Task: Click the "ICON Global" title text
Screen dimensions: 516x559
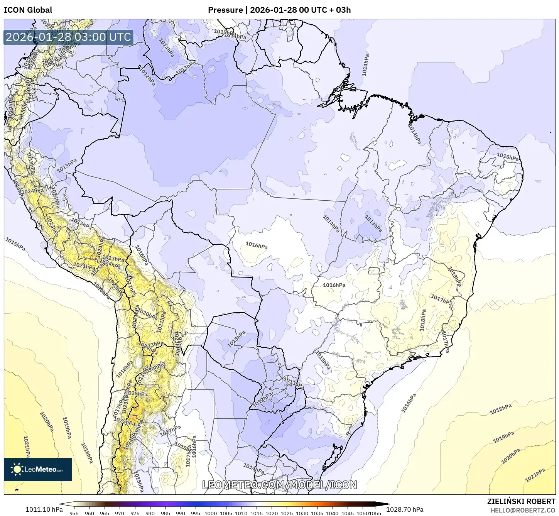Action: [28, 10]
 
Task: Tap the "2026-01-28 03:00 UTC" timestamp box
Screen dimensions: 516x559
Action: [68, 37]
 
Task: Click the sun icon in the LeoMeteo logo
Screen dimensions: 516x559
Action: [17, 469]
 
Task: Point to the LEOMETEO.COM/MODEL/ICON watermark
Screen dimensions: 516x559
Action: [280, 485]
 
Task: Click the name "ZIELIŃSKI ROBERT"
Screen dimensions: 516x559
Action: [521, 501]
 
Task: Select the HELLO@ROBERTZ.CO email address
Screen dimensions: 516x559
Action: [523, 510]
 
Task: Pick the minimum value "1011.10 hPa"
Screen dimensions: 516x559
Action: [44, 509]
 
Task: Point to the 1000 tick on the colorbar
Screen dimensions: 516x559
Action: [211, 513]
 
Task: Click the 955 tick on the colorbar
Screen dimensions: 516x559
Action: [74, 513]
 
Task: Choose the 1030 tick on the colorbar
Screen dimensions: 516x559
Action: [302, 513]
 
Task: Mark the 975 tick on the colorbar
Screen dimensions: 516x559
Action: [135, 513]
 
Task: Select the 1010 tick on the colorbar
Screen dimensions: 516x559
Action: [241, 513]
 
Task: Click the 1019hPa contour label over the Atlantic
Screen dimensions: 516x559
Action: [503, 437]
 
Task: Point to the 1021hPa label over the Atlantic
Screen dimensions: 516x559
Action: [535, 475]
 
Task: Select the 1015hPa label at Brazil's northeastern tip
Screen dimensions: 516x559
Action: [507, 157]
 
